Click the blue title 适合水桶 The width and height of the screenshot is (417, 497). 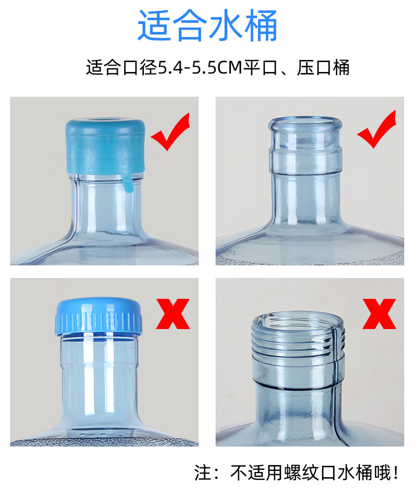[207, 26]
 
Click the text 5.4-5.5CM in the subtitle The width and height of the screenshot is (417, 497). [200, 67]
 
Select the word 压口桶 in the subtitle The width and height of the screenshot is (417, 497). [323, 67]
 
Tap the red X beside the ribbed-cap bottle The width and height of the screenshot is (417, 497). [173, 314]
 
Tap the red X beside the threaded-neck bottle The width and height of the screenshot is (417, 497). [379, 314]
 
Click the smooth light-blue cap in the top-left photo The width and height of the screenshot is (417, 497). [105, 146]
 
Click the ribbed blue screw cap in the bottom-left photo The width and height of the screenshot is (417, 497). [99, 317]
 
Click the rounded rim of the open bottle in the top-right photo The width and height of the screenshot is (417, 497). [305, 124]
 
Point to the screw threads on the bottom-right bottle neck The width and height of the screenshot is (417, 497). [298, 338]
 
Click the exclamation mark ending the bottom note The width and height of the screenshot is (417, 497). [396, 473]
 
